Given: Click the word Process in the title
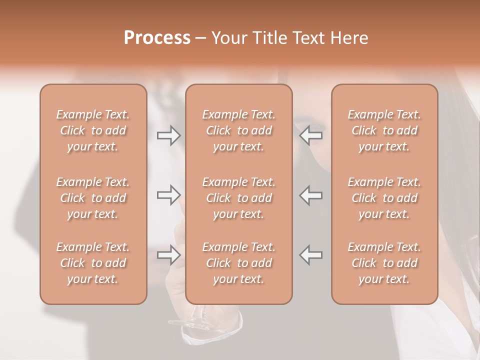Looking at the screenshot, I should tap(157, 38).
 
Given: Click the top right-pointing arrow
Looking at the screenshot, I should tap(169, 135).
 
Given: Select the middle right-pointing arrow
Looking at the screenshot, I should tap(169, 195).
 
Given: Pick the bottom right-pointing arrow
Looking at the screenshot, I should tap(169, 255).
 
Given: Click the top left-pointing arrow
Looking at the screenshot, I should tap(311, 135).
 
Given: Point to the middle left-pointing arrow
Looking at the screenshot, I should tap(311, 195).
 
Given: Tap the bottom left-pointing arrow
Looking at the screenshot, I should tap(311, 255).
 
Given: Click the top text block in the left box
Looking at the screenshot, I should tap(93, 130).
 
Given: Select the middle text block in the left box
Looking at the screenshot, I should tap(93, 198).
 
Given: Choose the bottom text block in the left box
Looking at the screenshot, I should tap(93, 263).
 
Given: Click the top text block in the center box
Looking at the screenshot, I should tap(239, 130).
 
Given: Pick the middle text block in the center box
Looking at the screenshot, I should tap(239, 198).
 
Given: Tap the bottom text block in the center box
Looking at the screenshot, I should tap(239, 263).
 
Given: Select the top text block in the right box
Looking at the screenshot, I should tap(384, 130).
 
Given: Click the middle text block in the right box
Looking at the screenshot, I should tap(384, 198).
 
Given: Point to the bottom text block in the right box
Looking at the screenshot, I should tap(384, 263).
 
